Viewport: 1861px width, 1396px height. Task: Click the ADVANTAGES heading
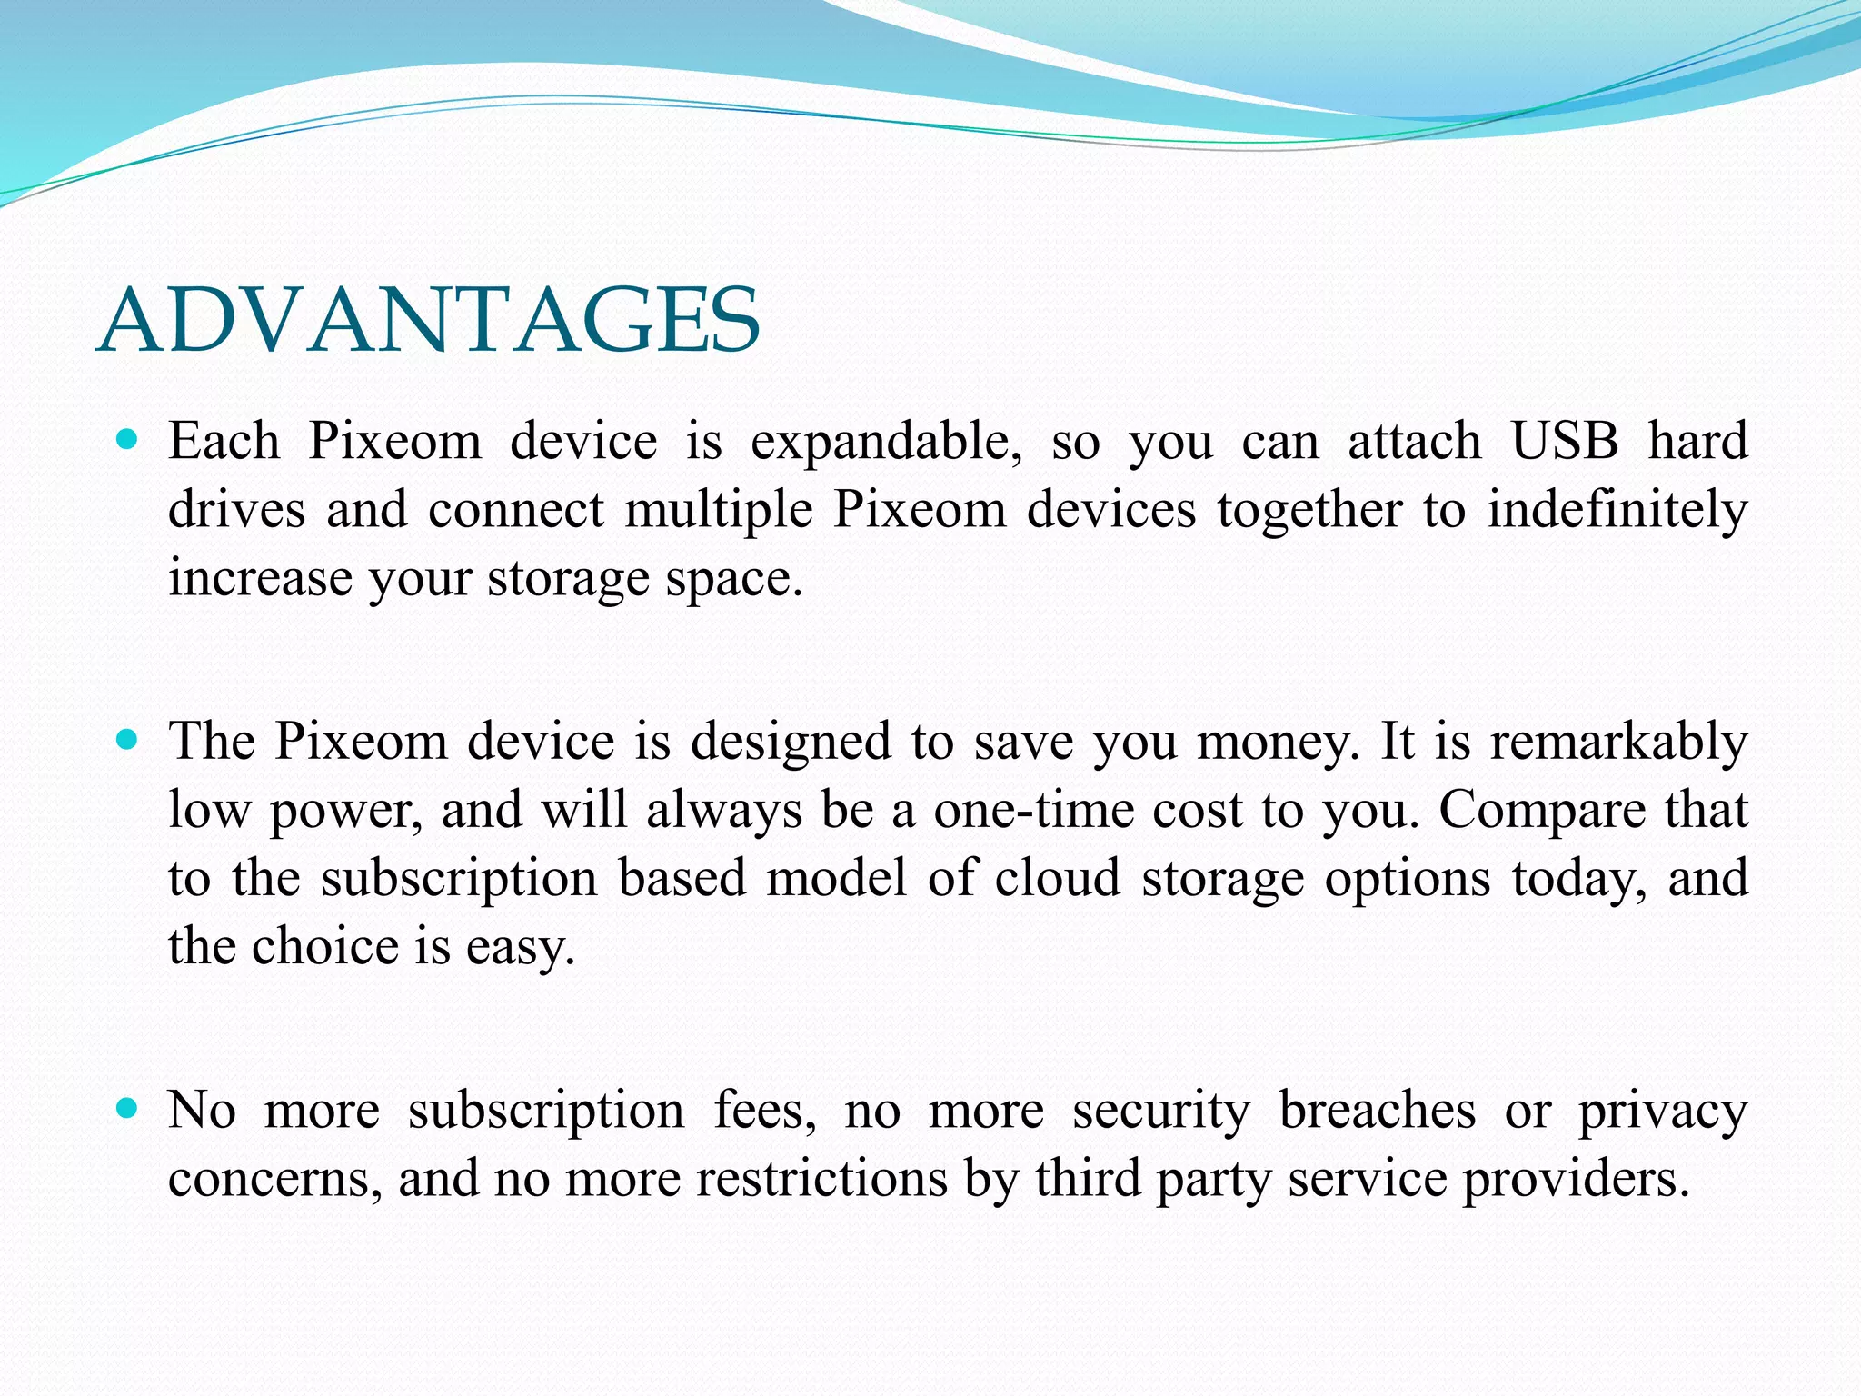click(428, 321)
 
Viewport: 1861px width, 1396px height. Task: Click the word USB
click(1565, 442)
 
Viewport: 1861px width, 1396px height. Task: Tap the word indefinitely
click(1617, 510)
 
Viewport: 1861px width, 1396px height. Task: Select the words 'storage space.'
click(645, 580)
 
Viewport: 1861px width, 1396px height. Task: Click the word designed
click(791, 743)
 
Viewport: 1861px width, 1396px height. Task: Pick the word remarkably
click(1618, 743)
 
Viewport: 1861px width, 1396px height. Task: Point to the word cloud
click(1058, 878)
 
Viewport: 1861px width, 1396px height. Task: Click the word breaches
click(1377, 1110)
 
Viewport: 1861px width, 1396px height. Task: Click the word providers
click(1576, 1181)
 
